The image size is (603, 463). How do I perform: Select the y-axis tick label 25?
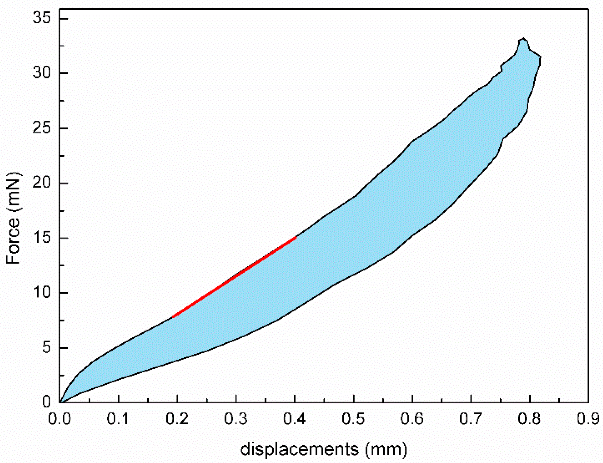[42, 128]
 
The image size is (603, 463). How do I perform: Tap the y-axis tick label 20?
[42, 183]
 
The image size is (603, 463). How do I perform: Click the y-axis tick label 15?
[42, 238]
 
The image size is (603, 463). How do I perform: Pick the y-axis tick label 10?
[42, 293]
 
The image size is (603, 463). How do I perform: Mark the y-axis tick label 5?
[46, 348]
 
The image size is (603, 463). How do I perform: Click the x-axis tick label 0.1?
[118, 419]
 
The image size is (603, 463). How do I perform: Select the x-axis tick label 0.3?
[236, 419]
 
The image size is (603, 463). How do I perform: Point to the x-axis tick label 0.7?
[471, 419]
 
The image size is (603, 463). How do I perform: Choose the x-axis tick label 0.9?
[588, 419]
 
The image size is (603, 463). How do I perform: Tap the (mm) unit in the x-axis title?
[386, 449]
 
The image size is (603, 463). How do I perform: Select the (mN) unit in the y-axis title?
[13, 192]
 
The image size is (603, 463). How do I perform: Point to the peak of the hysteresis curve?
[523, 39]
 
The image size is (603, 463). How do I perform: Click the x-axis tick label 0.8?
[530, 419]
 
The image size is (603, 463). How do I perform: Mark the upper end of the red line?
[295, 238]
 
